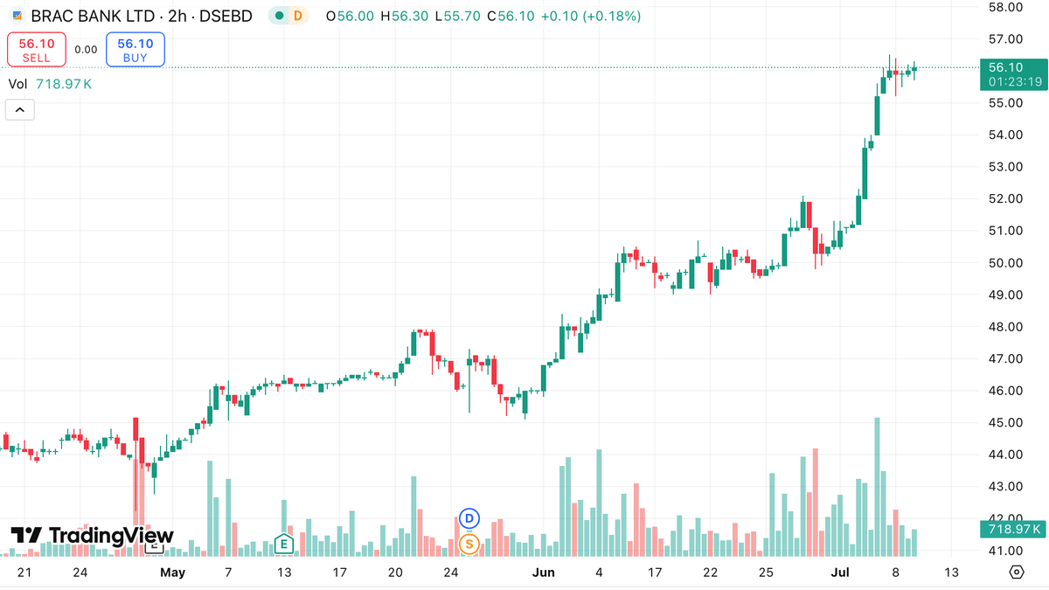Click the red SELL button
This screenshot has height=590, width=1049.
(x=37, y=50)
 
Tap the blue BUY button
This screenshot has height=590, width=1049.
(x=135, y=50)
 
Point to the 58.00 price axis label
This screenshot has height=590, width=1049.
(x=1005, y=7)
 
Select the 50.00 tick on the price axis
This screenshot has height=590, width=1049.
(x=1005, y=263)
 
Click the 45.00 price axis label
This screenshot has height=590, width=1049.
(x=1005, y=423)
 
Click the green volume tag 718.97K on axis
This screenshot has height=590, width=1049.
(x=1012, y=529)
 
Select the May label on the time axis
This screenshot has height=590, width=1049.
(x=173, y=573)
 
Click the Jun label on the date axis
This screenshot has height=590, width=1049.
(x=544, y=573)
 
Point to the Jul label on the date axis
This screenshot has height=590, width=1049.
(x=839, y=573)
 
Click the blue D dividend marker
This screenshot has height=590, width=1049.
(x=469, y=518)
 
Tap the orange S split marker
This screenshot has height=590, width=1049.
(x=469, y=545)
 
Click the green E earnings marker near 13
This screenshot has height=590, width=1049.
(x=282, y=544)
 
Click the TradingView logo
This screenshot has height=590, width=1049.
(x=93, y=536)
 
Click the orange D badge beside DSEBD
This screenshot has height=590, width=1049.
(x=298, y=16)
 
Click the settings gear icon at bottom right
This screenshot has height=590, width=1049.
(x=1017, y=573)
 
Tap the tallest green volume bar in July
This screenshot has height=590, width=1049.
(x=877, y=486)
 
